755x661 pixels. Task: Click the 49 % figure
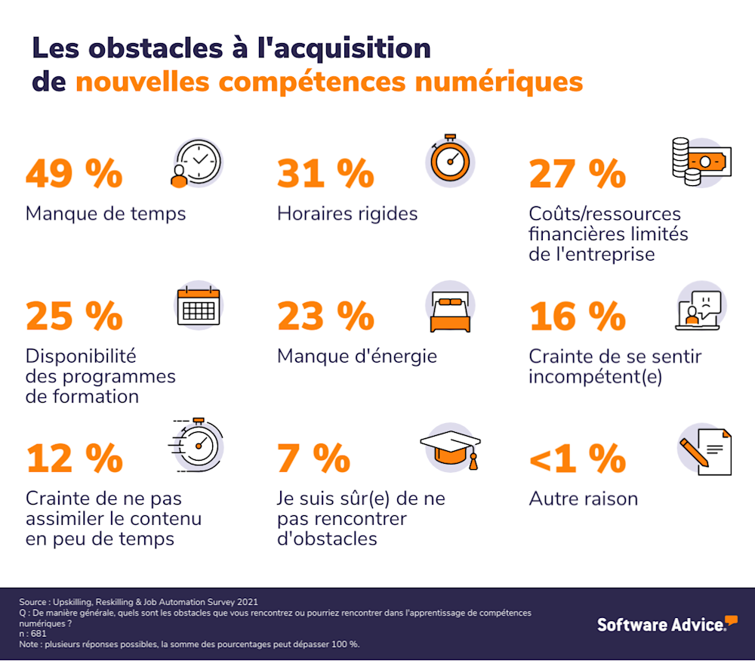point(74,174)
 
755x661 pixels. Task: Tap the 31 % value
point(325,174)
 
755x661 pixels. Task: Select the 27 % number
point(578,174)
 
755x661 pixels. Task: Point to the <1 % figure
point(578,459)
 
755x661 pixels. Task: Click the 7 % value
point(313,459)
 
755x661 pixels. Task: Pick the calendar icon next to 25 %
point(198,307)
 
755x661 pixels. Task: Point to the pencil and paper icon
point(704,451)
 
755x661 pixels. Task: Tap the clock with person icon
point(196,163)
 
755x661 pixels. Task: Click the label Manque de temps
point(106,214)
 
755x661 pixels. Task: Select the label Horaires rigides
point(347,214)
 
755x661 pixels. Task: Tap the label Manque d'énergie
point(357,356)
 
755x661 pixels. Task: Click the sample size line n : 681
point(33,634)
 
